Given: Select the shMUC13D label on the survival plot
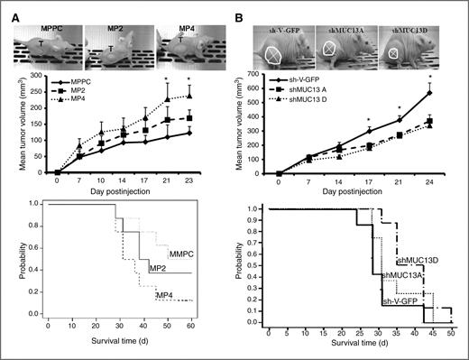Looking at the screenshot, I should click(416, 260).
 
